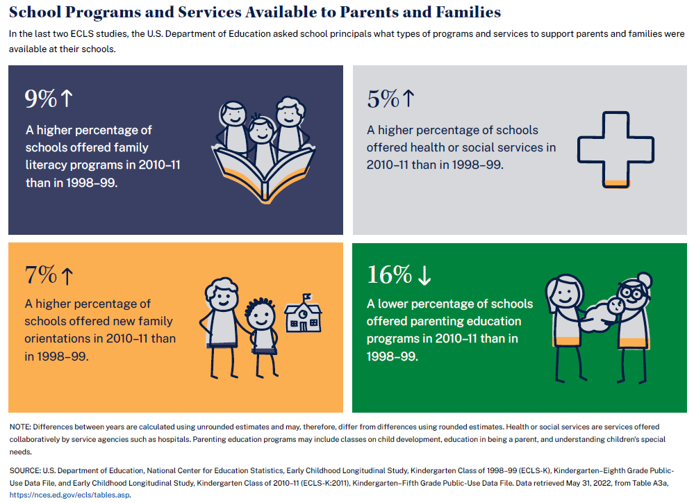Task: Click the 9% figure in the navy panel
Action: tap(40, 99)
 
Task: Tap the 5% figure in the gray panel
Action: tap(383, 99)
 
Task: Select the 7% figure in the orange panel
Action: tap(40, 275)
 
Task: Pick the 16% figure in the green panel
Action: tap(389, 275)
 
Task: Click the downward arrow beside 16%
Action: tap(424, 276)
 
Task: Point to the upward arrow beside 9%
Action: tap(67, 99)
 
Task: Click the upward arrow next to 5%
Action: tap(408, 99)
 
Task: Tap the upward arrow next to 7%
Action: tap(67, 276)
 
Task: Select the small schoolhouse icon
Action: tap(304, 315)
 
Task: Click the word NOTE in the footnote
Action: tap(19, 427)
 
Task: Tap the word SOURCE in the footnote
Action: tap(25, 470)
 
